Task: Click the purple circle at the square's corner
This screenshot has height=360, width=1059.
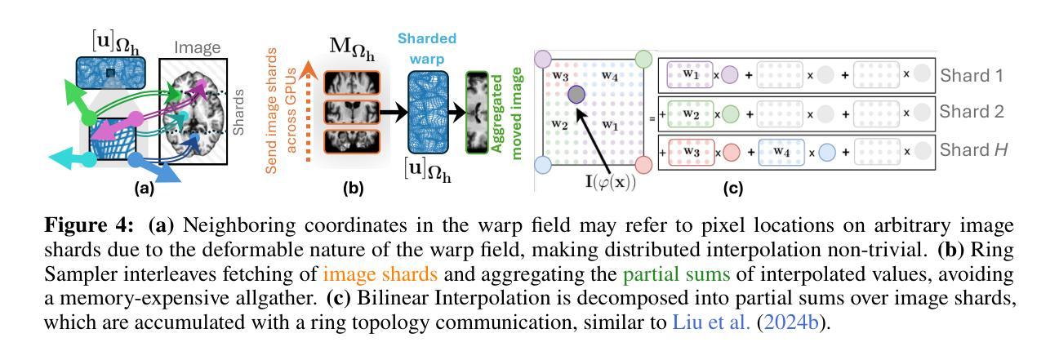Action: click(541, 60)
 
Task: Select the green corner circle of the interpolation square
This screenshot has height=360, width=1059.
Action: click(643, 60)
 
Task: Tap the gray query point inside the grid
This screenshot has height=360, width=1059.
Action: click(576, 95)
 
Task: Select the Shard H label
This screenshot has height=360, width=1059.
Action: click(972, 150)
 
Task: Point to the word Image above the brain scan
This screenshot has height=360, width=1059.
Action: click(198, 48)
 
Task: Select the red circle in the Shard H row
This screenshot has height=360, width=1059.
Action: click(732, 150)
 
